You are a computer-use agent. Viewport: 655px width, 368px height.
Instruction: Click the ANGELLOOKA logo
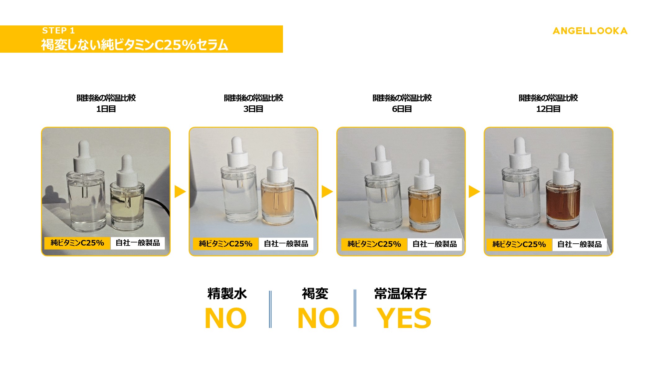(590, 31)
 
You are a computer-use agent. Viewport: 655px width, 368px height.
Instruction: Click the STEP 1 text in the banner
(58, 30)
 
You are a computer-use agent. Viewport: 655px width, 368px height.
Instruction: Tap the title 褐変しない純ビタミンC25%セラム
(135, 45)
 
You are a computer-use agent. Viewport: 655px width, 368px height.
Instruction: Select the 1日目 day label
(106, 109)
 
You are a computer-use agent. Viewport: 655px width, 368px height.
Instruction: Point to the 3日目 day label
(253, 109)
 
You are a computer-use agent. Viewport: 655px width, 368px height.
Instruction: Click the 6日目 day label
(402, 109)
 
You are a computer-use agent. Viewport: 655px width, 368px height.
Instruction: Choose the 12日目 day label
(548, 109)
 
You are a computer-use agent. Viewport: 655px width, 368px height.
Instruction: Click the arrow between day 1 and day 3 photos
(180, 191)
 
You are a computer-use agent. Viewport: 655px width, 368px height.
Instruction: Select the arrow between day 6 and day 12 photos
(474, 191)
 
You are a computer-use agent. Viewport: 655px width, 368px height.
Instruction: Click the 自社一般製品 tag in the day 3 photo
(286, 244)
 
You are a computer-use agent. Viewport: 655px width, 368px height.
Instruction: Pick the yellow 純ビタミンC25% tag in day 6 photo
(374, 244)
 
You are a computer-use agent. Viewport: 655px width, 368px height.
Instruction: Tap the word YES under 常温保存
(404, 318)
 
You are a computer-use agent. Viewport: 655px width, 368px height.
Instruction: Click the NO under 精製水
(226, 318)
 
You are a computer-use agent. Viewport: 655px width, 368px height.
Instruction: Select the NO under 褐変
(318, 318)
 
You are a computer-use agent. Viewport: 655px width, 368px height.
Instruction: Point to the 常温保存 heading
(400, 294)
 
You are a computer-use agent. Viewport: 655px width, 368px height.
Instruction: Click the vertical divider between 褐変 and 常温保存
(355, 308)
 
